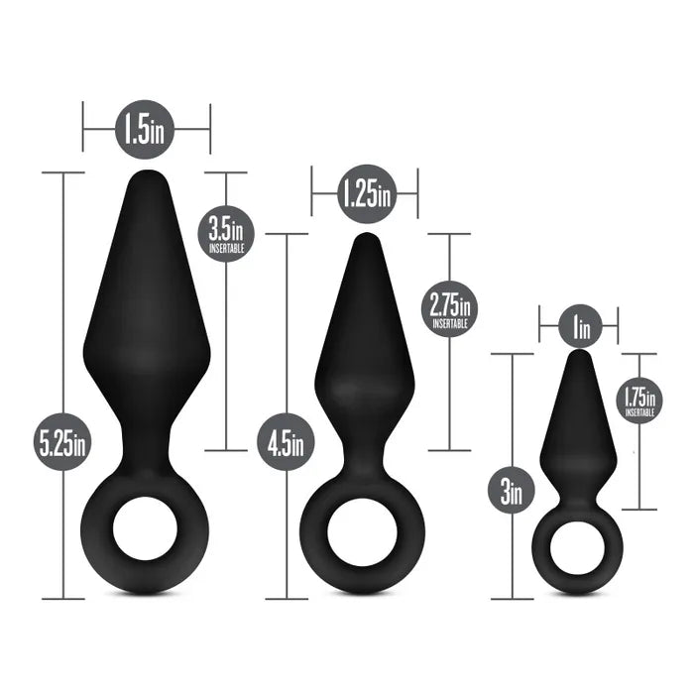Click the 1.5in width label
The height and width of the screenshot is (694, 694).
(147, 129)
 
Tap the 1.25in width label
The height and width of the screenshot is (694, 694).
(364, 192)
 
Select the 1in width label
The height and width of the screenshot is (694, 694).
(579, 324)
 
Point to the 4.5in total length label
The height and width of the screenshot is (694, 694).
(287, 442)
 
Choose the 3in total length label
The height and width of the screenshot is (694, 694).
(512, 490)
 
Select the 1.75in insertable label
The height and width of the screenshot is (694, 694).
(639, 399)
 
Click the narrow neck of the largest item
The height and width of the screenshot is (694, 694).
(147, 436)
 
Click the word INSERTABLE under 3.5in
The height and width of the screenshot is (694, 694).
(227, 250)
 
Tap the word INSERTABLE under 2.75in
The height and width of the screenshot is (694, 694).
(450, 323)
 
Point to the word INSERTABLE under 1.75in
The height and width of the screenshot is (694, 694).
(639, 412)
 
